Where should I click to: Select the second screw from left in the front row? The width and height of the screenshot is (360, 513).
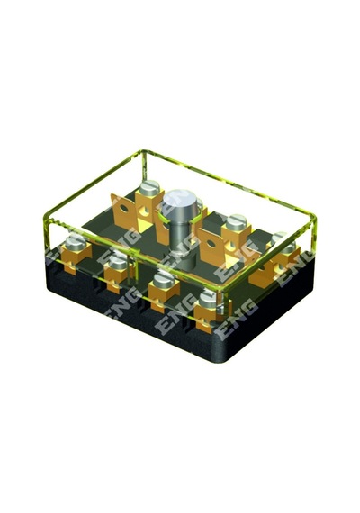point(118,262)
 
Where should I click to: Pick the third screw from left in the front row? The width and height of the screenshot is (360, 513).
point(165,280)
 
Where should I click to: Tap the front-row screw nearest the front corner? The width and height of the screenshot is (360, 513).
point(210,299)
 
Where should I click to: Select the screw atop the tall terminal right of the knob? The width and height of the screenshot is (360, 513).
point(238,221)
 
